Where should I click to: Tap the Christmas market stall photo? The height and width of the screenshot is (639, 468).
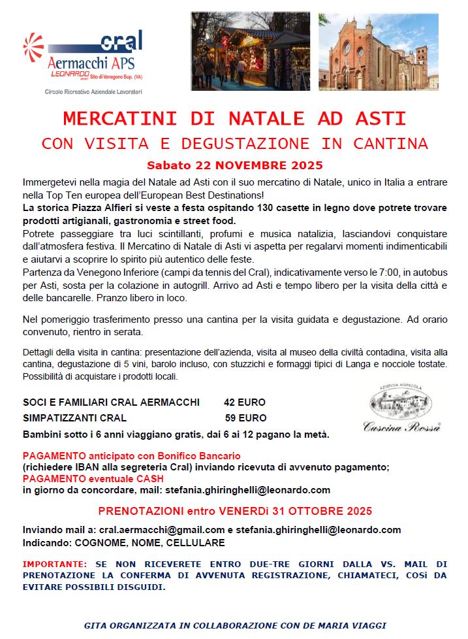click(251, 51)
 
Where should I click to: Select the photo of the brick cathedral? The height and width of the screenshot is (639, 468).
click(379, 51)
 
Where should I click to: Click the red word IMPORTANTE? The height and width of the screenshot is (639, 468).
click(54, 564)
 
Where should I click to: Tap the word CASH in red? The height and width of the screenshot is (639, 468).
click(150, 479)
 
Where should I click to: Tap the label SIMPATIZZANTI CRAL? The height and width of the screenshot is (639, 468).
click(74, 418)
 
